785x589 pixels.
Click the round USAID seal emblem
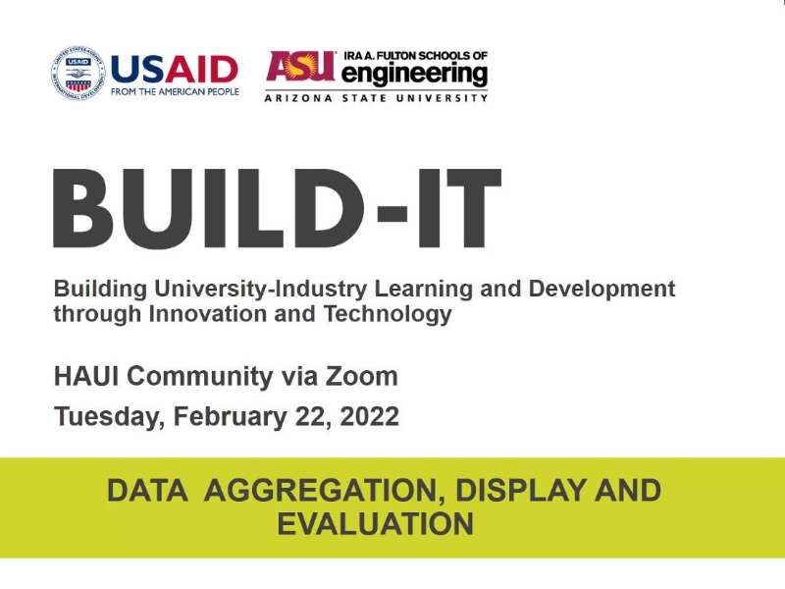[x=77, y=75]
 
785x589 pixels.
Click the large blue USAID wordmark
[x=174, y=69]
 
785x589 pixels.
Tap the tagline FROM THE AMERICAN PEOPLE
[x=174, y=92]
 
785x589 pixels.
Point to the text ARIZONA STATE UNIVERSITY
[x=376, y=98]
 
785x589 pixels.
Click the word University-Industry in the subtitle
[x=249, y=290]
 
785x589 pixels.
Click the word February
[x=232, y=417]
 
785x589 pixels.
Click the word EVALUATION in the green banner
[x=376, y=523]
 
